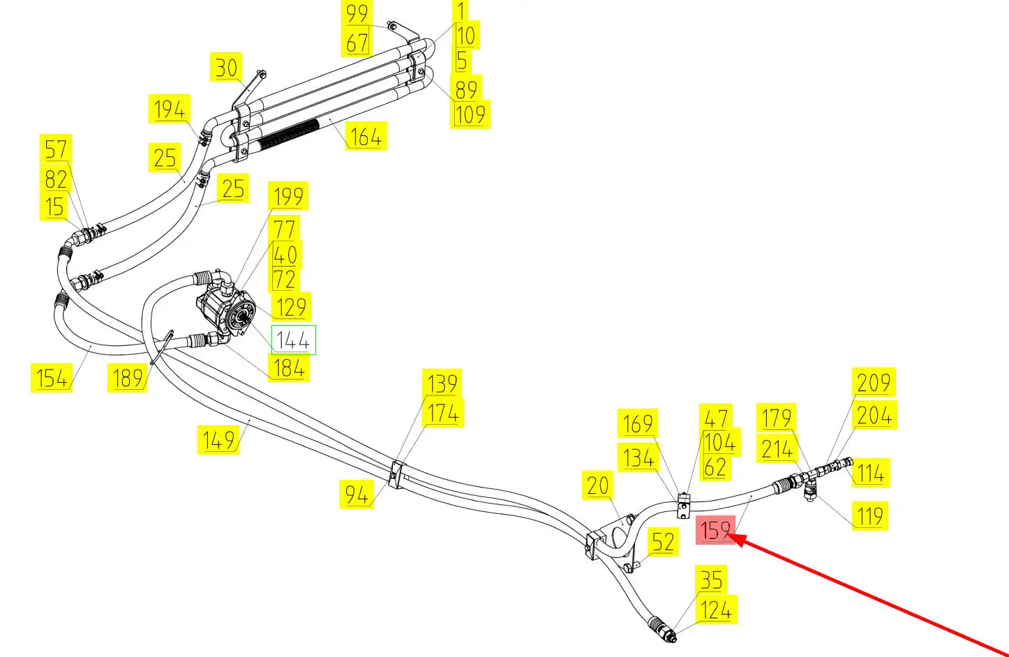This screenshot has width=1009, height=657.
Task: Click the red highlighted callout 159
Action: (715, 531)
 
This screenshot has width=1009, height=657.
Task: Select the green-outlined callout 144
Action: (293, 340)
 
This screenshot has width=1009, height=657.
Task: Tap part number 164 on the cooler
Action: (366, 136)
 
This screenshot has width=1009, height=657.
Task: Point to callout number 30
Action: (226, 68)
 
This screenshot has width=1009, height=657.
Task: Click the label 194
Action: (169, 109)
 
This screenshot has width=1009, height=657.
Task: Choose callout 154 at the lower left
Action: (52, 378)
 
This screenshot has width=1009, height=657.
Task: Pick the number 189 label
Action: (128, 378)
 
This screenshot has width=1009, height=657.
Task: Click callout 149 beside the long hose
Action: (218, 440)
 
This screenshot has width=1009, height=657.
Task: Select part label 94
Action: (357, 494)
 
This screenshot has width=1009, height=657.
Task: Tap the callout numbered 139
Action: (442, 384)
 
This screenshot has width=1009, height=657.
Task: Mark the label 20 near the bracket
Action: (598, 485)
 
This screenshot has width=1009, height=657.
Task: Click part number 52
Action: (663, 542)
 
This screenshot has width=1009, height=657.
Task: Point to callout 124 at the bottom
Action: (716, 610)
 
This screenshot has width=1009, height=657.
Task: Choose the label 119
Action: (870, 516)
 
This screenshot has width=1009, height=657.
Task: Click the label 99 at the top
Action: (357, 13)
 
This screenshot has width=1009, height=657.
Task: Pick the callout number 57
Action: (56, 149)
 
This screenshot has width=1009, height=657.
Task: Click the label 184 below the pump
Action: (289, 368)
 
